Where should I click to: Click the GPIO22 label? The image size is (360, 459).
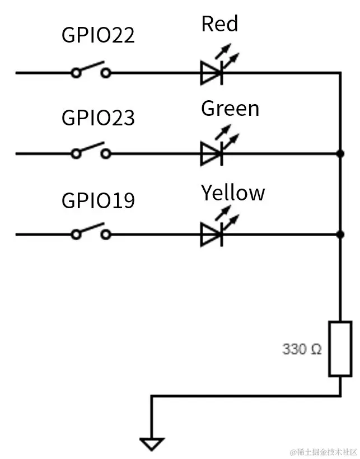pyautogui.click(x=98, y=35)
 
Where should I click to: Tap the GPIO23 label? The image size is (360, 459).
pyautogui.click(x=98, y=118)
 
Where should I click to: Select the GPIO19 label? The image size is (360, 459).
pyautogui.click(x=98, y=200)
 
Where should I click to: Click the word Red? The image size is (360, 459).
pyautogui.click(x=219, y=24)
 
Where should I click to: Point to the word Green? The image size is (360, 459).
pyautogui.click(x=230, y=108)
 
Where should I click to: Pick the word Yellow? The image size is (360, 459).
pyautogui.click(x=233, y=193)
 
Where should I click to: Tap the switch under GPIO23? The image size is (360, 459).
pyautogui.click(x=90, y=152)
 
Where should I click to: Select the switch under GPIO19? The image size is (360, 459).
pyautogui.click(x=90, y=233)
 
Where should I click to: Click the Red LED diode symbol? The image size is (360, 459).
pyautogui.click(x=212, y=73)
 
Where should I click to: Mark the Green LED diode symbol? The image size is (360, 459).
pyautogui.click(x=212, y=153)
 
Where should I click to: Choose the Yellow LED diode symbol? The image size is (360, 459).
pyautogui.click(x=212, y=235)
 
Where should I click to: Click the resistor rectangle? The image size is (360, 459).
pyautogui.click(x=340, y=348)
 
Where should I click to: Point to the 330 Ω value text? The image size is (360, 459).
pyautogui.click(x=302, y=349)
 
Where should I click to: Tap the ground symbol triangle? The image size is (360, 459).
pyautogui.click(x=151, y=444)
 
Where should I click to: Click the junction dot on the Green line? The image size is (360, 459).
pyautogui.click(x=340, y=153)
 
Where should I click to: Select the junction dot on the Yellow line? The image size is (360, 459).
pyautogui.click(x=340, y=235)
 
